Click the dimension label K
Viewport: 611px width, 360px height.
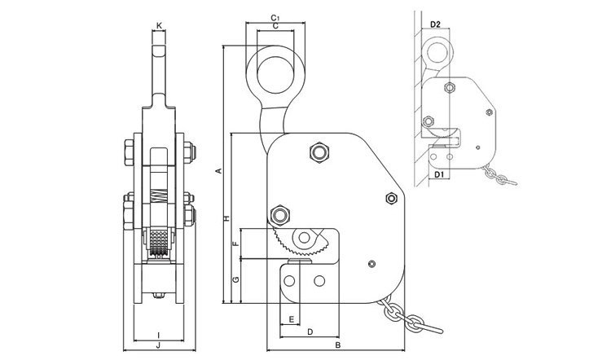(159, 27)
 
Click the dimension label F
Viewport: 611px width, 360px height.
(234, 244)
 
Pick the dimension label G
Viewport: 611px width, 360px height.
(234, 281)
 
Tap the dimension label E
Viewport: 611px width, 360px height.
(291, 319)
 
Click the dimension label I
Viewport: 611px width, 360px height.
(158, 333)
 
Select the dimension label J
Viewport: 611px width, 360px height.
(158, 345)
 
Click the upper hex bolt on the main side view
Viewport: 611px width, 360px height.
(319, 151)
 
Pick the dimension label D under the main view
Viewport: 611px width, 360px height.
(310, 332)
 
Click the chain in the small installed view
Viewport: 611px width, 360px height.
(499, 173)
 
